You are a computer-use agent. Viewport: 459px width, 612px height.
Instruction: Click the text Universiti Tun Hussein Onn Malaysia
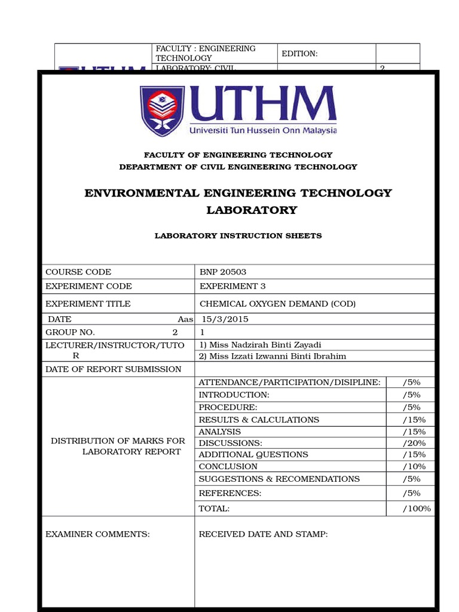point(263,130)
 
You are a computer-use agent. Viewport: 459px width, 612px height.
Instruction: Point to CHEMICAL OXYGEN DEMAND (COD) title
point(277,304)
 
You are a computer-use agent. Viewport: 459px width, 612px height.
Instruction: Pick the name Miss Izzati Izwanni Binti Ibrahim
point(273,356)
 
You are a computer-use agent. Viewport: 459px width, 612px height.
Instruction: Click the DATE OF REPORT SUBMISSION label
point(114,369)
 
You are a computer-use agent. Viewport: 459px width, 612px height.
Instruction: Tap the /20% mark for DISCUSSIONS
point(414,443)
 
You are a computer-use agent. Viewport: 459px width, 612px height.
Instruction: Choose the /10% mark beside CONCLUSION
point(414,466)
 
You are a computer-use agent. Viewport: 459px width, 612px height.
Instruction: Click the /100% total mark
point(417,509)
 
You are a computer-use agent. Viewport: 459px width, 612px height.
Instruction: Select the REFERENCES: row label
point(230,493)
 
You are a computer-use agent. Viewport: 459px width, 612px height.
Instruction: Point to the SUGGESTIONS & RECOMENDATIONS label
point(279,479)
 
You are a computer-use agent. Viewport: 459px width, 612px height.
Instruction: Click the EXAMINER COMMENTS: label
point(97,534)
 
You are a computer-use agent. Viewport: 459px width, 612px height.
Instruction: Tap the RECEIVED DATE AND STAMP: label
point(263,534)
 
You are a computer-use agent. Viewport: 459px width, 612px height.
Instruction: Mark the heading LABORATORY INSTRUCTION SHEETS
point(238,236)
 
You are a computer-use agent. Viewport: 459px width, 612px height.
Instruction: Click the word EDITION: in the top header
point(300,54)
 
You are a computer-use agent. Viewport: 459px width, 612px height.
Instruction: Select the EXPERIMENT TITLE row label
point(88,304)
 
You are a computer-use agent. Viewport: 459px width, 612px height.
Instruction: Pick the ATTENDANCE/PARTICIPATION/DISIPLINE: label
point(289,382)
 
